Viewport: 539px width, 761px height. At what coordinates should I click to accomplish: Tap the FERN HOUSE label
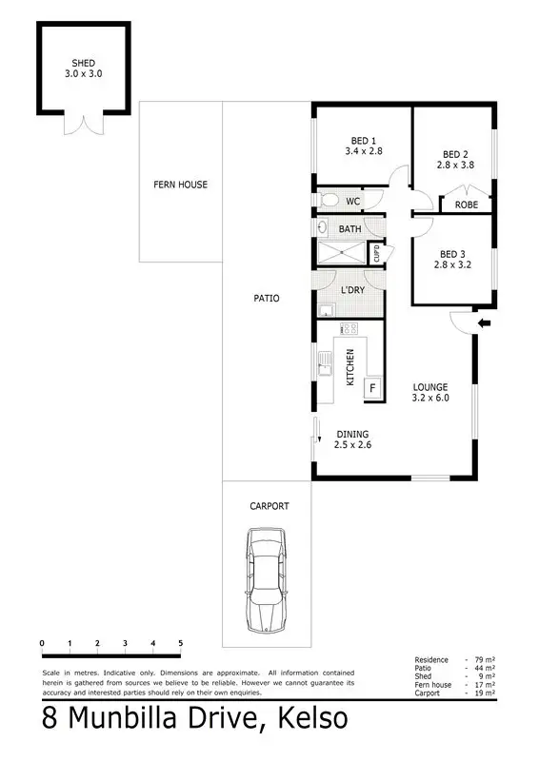[180, 185]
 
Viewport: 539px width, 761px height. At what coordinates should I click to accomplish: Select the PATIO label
[267, 298]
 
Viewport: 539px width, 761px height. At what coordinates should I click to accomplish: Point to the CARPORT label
[269, 506]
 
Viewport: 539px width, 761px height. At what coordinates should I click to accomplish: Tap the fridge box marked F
[372, 387]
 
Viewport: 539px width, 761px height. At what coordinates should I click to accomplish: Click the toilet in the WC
[329, 201]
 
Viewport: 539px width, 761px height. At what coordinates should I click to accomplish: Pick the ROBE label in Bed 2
[466, 205]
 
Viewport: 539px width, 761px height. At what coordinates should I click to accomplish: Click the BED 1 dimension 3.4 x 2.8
[363, 150]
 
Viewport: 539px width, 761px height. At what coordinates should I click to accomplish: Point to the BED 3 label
[453, 254]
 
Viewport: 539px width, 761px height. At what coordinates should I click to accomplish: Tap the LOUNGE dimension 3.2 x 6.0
[429, 400]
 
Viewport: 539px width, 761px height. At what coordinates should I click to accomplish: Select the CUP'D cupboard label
[377, 254]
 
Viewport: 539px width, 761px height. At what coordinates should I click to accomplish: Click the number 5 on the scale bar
[180, 644]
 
